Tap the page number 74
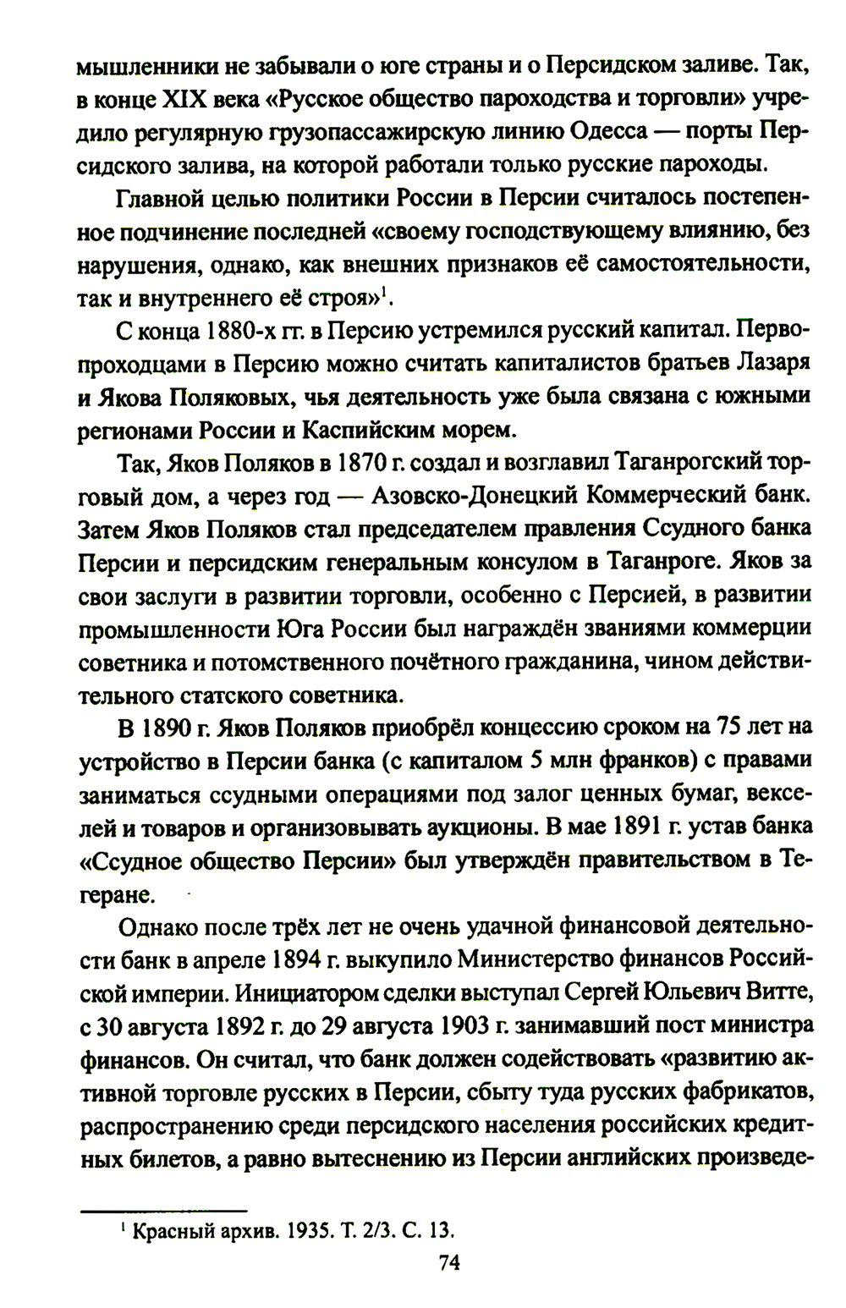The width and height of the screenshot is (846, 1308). pos(448,1262)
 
